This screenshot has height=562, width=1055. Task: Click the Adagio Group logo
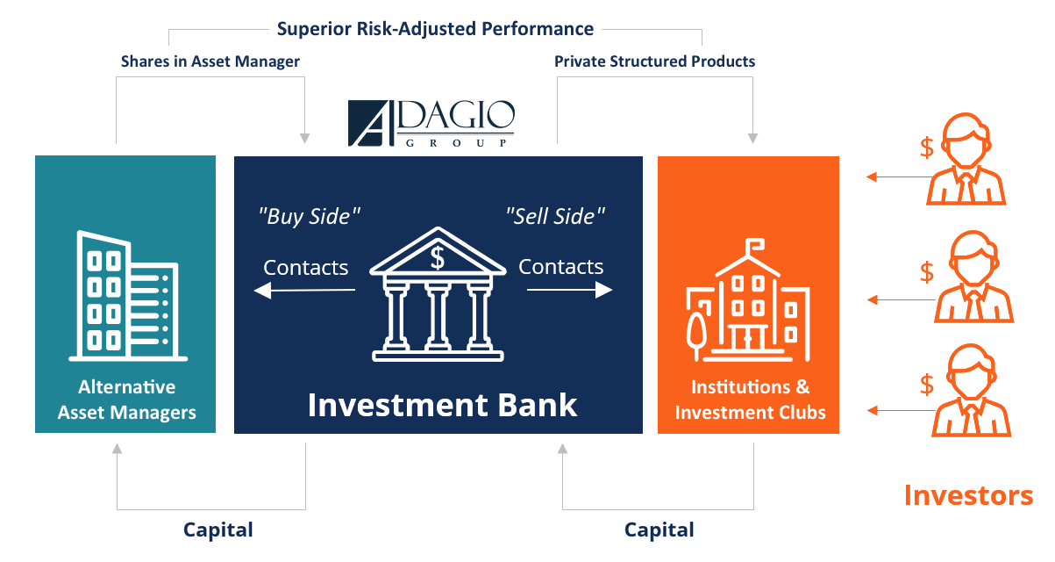[431, 123]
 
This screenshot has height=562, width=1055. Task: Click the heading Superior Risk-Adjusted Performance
[435, 29]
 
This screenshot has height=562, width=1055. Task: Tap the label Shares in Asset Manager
[210, 61]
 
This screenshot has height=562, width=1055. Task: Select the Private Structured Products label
[654, 61]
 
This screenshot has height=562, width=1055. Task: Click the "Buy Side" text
[309, 216]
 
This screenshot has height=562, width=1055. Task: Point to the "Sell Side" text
[555, 216]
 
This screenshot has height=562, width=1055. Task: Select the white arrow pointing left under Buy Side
[304, 291]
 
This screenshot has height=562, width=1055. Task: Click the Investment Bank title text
[442, 405]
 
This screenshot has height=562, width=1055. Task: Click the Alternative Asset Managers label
[126, 400]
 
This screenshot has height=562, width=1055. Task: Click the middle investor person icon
[973, 277]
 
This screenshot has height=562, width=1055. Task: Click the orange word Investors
[968, 496]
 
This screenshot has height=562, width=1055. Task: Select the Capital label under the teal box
[217, 530]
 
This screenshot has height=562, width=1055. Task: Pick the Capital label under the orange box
[659, 530]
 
